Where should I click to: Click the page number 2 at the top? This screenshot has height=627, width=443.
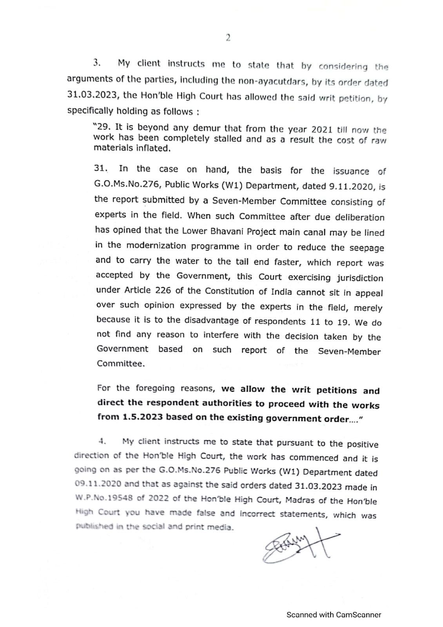tap(228, 38)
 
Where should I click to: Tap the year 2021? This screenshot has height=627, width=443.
tap(322, 129)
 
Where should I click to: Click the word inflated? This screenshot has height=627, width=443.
tap(153, 148)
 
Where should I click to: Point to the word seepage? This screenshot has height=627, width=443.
tap(365, 248)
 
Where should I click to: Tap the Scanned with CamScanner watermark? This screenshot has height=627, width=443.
tap(334, 614)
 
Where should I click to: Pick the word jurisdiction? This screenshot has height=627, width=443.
tap(360, 278)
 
